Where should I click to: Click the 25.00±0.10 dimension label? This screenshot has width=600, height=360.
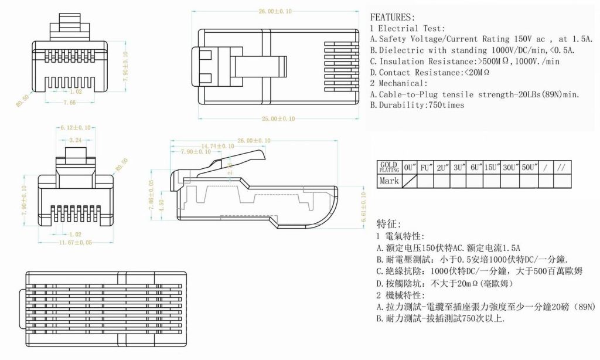click(x=278, y=118)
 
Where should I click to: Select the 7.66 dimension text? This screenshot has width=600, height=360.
click(x=70, y=103)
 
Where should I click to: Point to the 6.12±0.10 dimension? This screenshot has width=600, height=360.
click(x=75, y=128)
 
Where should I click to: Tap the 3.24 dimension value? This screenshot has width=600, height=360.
click(x=75, y=140)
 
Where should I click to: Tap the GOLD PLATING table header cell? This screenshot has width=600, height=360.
click(x=389, y=167)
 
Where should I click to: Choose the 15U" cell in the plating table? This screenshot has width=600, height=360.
click(x=492, y=167)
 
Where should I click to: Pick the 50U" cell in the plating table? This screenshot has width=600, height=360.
click(x=529, y=167)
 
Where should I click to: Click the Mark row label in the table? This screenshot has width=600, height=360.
click(x=389, y=181)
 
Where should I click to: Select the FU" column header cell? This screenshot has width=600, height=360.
click(x=426, y=167)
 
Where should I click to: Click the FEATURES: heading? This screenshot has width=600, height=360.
click(x=393, y=17)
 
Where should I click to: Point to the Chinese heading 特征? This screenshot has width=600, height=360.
click(x=389, y=223)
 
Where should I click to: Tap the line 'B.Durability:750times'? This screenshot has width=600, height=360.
click(x=417, y=106)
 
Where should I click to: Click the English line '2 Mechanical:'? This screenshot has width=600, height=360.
click(x=400, y=83)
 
